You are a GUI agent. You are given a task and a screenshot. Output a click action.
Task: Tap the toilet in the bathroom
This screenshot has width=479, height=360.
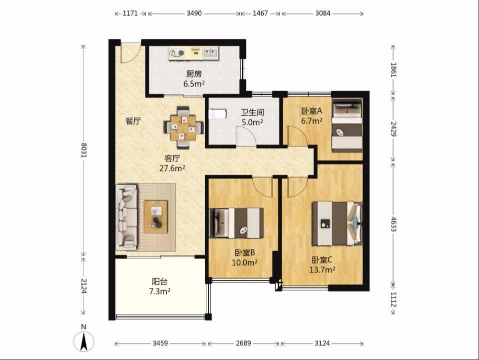point(217,114)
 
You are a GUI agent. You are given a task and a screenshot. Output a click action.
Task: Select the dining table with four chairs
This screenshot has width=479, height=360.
point(183,127)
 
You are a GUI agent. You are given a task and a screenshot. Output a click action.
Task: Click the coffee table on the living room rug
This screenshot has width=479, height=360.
point(156,216)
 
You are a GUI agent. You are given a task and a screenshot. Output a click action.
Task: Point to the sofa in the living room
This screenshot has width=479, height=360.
point(127,216)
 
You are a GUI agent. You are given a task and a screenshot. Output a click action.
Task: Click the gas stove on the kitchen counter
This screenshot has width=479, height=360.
point(177,53)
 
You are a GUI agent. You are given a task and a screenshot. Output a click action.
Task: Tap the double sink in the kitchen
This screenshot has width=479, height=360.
point(211,52)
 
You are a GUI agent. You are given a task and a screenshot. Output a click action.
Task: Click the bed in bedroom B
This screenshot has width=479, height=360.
point(236,223)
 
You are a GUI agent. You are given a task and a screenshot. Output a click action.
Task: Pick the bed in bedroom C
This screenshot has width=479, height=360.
point(337,223)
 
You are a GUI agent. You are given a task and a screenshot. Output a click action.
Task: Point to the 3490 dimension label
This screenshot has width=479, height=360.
point(194,13)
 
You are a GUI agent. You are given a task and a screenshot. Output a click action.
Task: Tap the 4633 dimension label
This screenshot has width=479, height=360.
point(394,224)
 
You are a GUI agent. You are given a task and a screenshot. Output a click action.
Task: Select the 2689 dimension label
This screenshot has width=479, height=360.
point(243,343)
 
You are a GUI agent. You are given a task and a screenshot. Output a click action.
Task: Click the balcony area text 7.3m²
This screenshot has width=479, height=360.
point(160,291)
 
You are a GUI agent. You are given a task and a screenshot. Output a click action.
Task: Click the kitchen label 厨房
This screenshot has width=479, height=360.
point(194,73)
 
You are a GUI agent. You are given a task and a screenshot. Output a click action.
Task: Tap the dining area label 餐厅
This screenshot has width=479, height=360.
point(133,121)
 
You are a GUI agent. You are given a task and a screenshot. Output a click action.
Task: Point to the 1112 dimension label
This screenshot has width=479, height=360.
point(394,299)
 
